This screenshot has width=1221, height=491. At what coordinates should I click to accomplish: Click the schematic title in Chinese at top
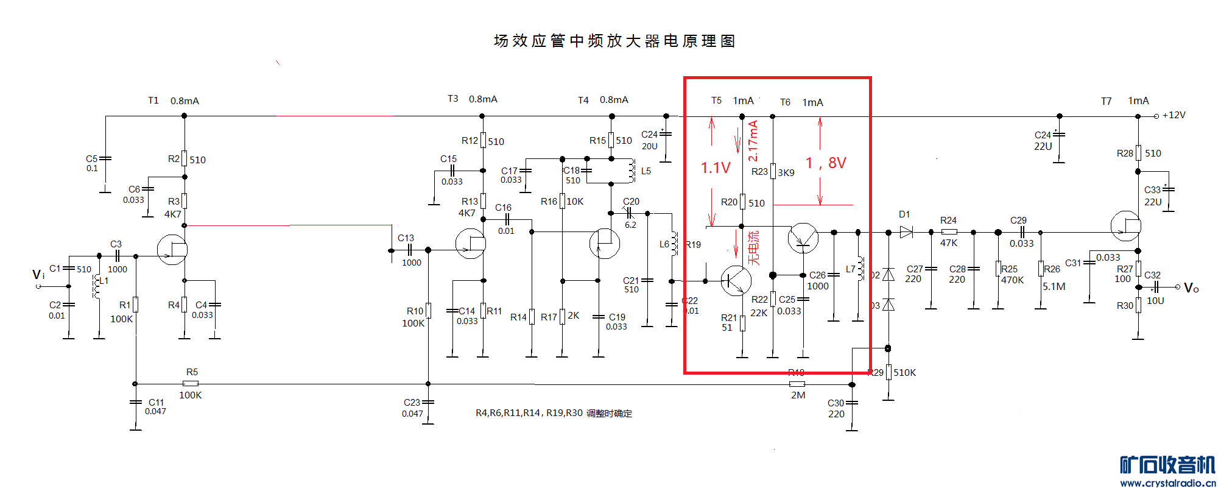(x=614, y=41)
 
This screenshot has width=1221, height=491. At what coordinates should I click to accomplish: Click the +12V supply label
(x=1173, y=115)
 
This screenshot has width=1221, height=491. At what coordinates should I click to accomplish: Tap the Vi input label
(x=38, y=275)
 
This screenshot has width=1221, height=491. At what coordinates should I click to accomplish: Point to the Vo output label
(x=1191, y=288)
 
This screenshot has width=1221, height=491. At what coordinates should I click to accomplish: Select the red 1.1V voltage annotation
(x=715, y=168)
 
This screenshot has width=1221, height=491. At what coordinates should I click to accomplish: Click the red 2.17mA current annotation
(x=753, y=141)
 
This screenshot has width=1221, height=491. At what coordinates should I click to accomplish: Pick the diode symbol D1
(x=906, y=232)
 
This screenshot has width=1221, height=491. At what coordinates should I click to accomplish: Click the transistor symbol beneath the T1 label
(x=172, y=250)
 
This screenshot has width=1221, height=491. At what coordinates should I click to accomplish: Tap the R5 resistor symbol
(x=191, y=384)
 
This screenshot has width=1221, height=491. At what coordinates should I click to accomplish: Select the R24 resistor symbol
(x=949, y=232)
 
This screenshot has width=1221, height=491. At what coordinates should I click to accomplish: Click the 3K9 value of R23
(x=786, y=173)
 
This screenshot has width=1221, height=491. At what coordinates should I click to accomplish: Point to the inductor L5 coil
(x=632, y=171)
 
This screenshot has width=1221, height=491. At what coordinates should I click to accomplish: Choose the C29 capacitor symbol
(x=1022, y=232)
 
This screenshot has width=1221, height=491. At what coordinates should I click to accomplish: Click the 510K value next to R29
(x=905, y=373)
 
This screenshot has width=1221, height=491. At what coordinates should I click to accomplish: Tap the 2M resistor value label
(x=798, y=395)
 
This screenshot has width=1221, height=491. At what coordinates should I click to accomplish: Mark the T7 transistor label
(x=1106, y=101)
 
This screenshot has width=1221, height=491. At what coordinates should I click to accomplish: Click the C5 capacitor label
(x=91, y=159)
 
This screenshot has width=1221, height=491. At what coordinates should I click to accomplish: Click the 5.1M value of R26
(x=1054, y=286)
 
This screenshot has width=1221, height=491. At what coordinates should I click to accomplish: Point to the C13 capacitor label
(x=406, y=238)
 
